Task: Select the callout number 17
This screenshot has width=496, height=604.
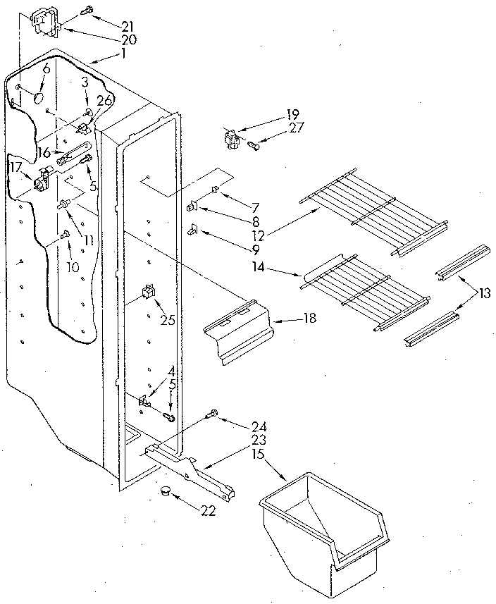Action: click(14, 167)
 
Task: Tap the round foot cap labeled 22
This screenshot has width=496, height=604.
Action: click(166, 491)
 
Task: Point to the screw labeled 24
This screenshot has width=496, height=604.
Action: click(211, 415)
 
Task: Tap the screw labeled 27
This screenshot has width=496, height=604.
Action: click(254, 146)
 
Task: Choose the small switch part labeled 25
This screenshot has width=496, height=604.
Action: click(148, 292)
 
